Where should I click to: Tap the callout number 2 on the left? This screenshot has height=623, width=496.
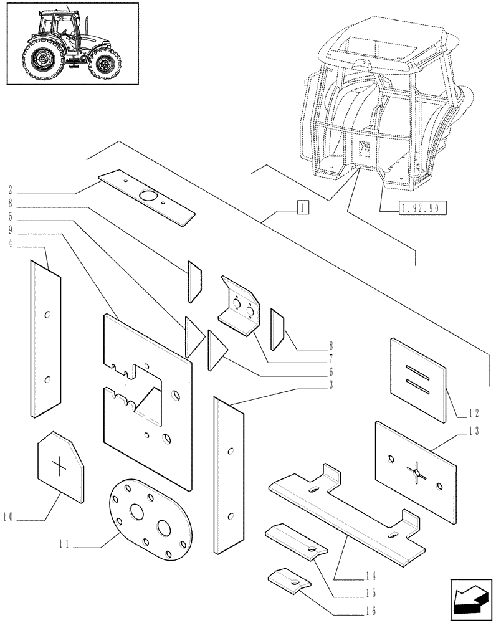click(11, 188)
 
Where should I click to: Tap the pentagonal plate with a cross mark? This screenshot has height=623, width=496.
click(60, 466)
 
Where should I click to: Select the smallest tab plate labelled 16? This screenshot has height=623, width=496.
click(289, 579)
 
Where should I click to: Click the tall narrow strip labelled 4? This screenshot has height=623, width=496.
click(45, 340)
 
